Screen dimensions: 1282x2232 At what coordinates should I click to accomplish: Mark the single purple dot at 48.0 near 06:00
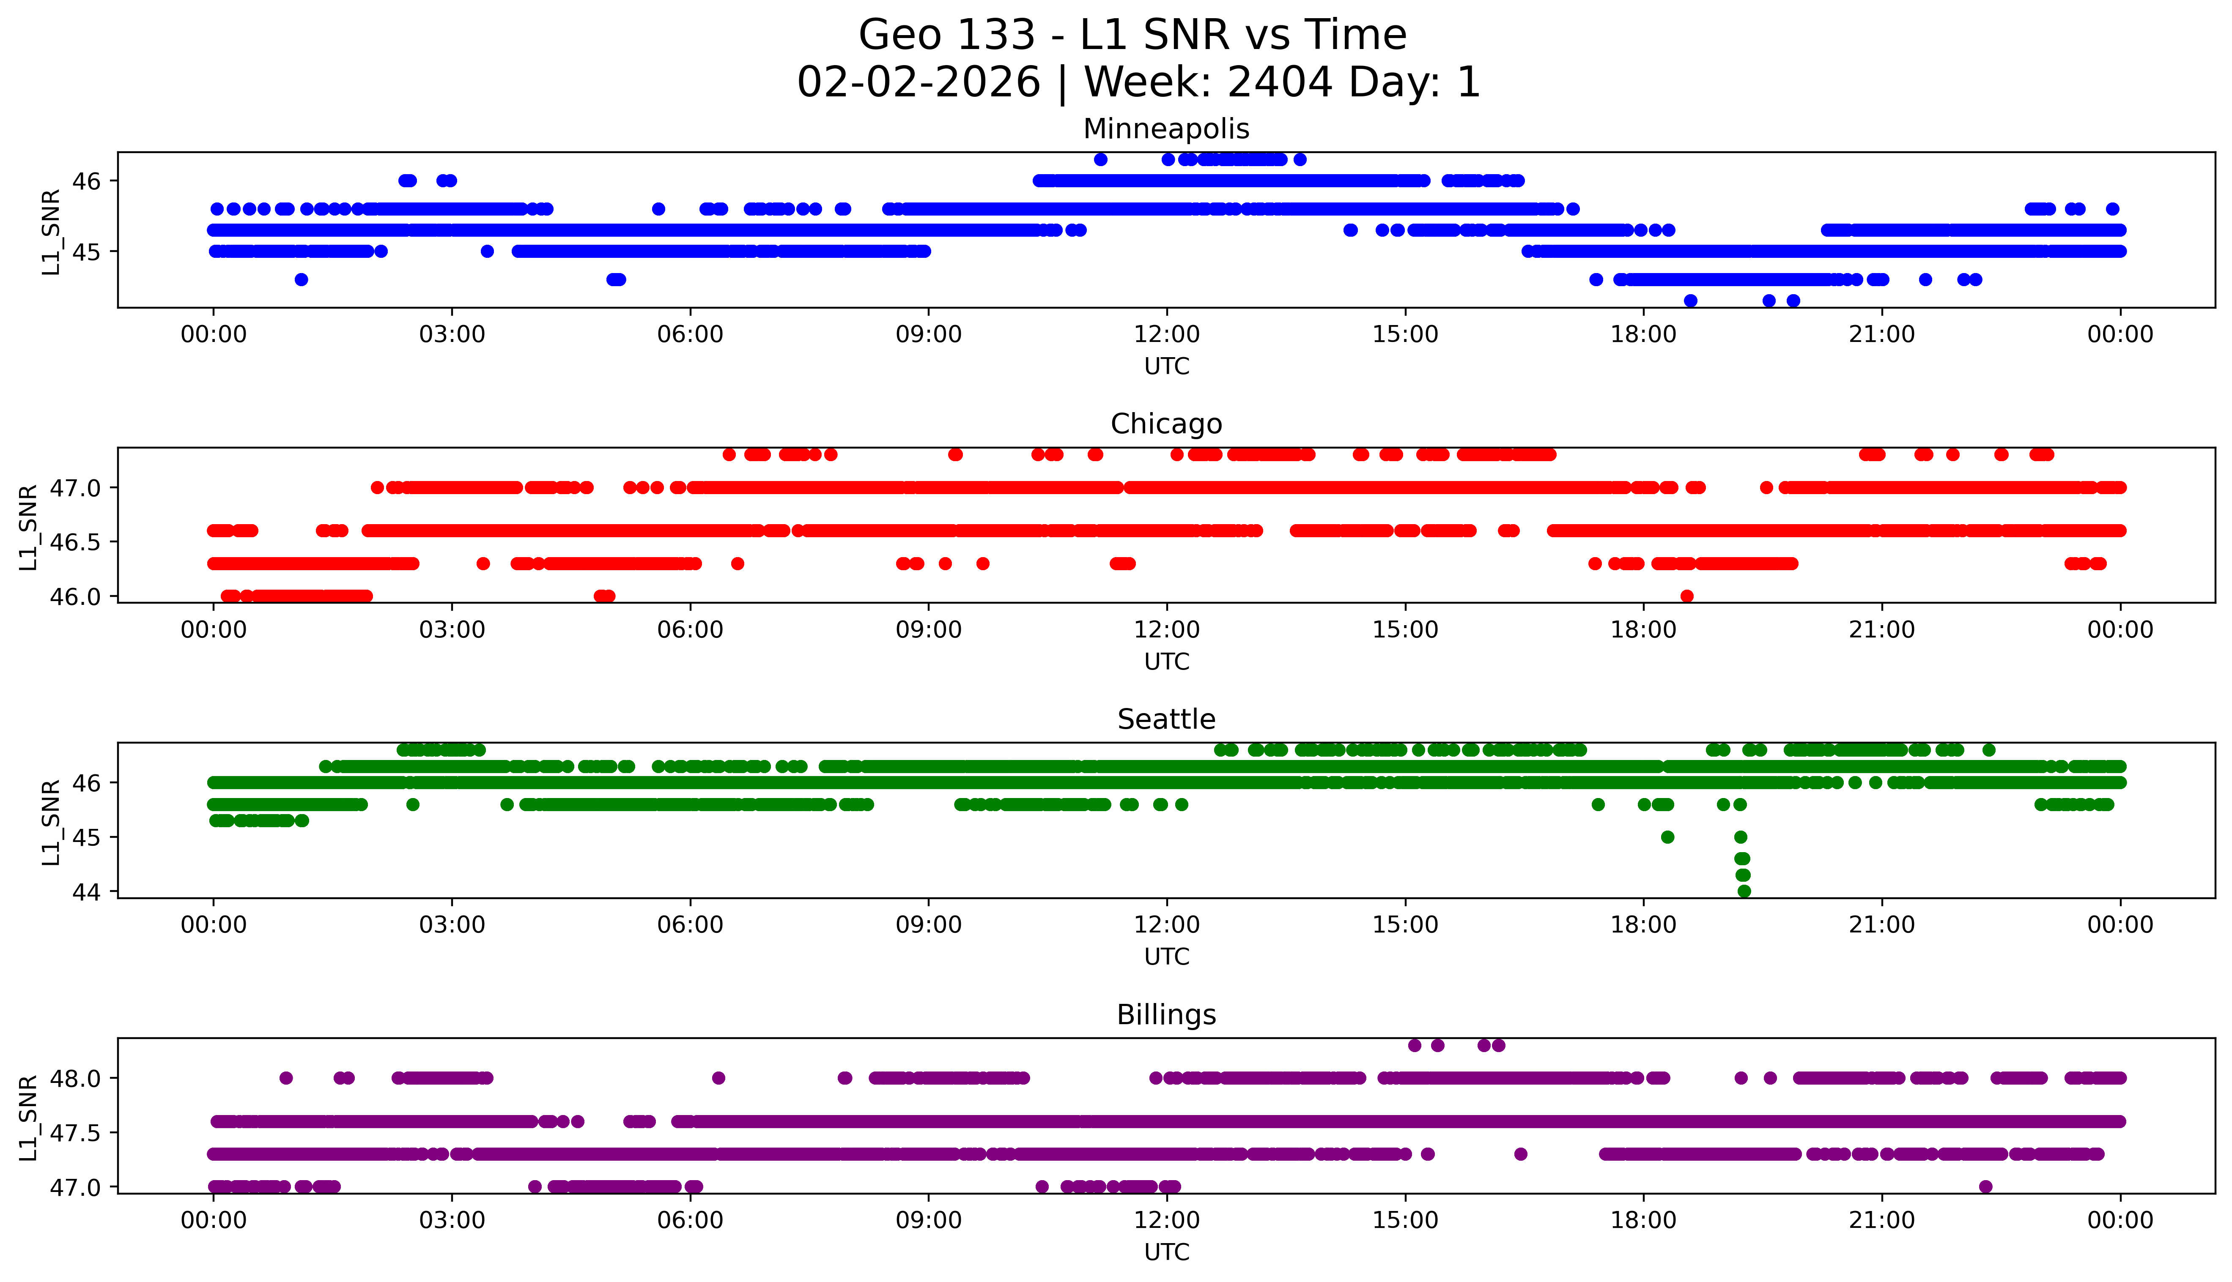pyautogui.click(x=718, y=1078)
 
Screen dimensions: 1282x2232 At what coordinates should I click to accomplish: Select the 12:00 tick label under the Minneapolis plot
pyautogui.click(x=1166, y=335)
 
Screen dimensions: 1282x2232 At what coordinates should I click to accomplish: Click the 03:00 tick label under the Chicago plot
pyautogui.click(x=452, y=629)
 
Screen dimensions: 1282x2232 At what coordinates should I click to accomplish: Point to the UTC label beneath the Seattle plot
pyautogui.click(x=1166, y=956)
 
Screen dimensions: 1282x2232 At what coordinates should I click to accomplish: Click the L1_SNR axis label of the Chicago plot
pyautogui.click(x=28, y=527)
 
